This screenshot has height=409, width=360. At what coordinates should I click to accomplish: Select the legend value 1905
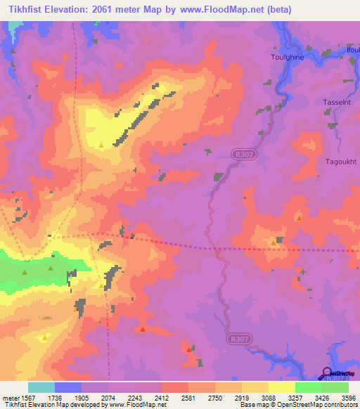coord(82,397)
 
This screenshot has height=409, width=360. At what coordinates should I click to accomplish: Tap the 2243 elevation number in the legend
coord(135,397)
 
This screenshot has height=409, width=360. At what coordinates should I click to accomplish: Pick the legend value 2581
coord(188,397)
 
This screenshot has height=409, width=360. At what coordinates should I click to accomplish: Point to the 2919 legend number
coord(242,397)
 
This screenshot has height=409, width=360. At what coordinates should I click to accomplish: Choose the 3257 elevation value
coord(295,397)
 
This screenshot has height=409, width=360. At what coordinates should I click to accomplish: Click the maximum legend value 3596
coord(347,397)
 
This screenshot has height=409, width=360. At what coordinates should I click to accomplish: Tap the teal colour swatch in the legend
coord(41,387)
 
